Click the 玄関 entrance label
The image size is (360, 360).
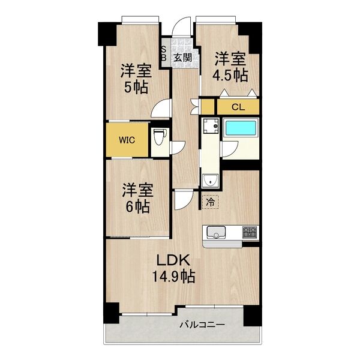pyautogui.click(x=183, y=58)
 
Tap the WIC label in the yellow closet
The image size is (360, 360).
pyautogui.click(x=126, y=140)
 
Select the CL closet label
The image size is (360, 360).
pyautogui.click(x=238, y=108)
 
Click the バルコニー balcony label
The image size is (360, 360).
pyautogui.click(x=202, y=325)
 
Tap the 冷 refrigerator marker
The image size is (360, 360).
pyautogui.click(x=209, y=203)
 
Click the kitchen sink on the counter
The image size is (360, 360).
pyautogui.click(x=215, y=232)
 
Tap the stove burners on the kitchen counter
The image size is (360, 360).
pyautogui.click(x=250, y=231)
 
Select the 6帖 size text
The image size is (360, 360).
pyautogui.click(x=137, y=207)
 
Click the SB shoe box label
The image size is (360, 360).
pyautogui.click(x=164, y=54)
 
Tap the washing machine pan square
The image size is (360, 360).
pyautogui.click(x=209, y=127)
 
